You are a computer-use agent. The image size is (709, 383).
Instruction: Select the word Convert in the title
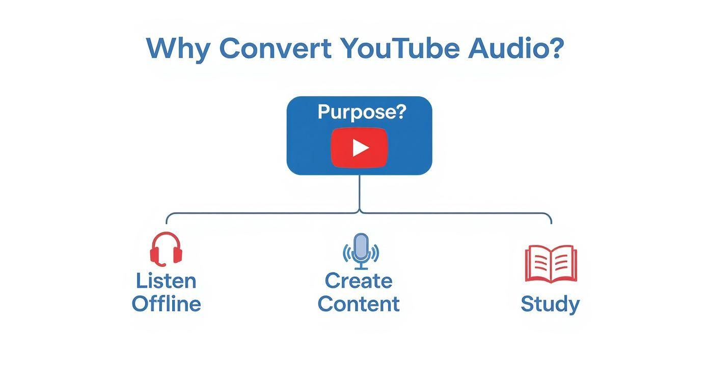click(275, 48)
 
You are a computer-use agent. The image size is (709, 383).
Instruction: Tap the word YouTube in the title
click(400, 48)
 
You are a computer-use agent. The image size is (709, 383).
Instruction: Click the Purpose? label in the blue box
click(362, 112)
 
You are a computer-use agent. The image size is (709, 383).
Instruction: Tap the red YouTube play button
click(359, 147)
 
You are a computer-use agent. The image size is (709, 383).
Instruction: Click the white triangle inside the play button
click(360, 148)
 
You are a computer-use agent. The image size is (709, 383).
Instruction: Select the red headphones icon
click(166, 249)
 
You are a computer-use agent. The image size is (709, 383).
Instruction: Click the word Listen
click(166, 281)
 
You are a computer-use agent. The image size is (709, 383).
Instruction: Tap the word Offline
click(166, 304)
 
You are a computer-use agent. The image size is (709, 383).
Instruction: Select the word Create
click(359, 281)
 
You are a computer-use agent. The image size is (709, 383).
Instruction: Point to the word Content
click(359, 304)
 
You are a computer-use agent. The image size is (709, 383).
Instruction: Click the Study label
click(550, 304)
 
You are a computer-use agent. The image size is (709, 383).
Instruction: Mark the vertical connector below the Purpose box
click(360, 194)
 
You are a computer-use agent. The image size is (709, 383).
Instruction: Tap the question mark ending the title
click(557, 48)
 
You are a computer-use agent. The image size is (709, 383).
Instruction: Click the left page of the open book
click(538, 263)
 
